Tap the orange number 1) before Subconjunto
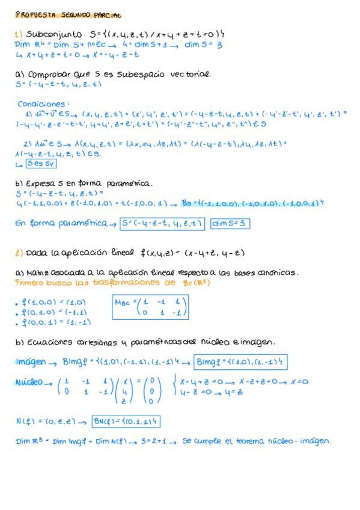pyautogui.click(x=19, y=35)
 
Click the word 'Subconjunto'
pyautogui.click(x=52, y=35)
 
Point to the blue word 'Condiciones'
pyautogui.click(x=43, y=103)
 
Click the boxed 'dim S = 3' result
pyautogui.click(x=230, y=224)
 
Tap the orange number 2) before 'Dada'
pyautogui.click(x=19, y=253)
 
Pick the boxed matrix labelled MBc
pyautogui.click(x=150, y=307)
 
